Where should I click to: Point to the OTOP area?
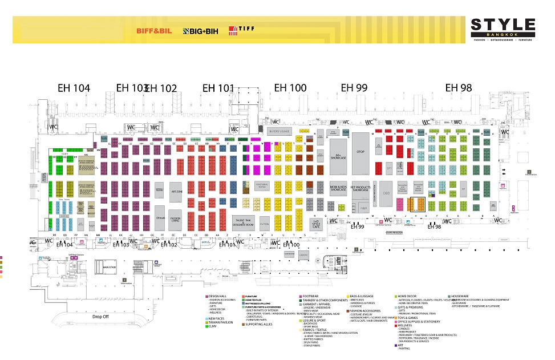click(360, 152)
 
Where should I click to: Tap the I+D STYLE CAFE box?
click(315, 223)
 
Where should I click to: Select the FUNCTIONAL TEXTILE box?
click(261, 185)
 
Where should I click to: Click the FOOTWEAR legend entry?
click(311, 297)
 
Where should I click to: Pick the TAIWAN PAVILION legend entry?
click(223, 322)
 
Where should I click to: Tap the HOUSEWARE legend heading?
click(461, 297)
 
